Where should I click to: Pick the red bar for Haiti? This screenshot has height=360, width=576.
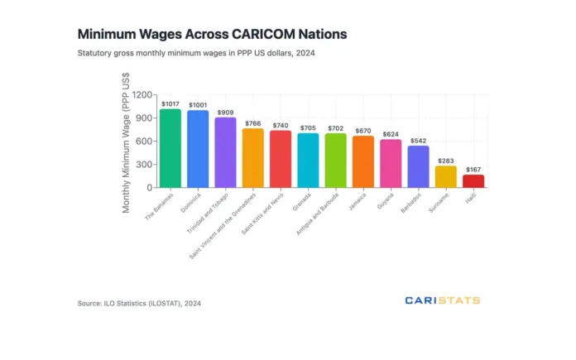[x=473, y=180]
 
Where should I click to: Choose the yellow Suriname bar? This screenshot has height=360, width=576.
[x=446, y=176]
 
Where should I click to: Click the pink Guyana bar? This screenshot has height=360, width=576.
[x=391, y=163]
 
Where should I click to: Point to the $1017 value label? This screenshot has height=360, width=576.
[x=170, y=103]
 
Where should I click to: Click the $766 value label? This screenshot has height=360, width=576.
[x=252, y=122]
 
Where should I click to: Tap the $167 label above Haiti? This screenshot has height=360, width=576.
[x=473, y=169]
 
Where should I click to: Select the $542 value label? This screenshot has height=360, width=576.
[x=418, y=140]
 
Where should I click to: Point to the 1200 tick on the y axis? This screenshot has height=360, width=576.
[x=143, y=95]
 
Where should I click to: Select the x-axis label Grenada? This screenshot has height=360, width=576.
[x=302, y=203]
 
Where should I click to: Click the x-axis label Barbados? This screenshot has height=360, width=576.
[x=411, y=204]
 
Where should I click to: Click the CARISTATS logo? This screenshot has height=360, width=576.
[x=442, y=300]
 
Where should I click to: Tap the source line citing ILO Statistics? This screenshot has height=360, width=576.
[x=139, y=303]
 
